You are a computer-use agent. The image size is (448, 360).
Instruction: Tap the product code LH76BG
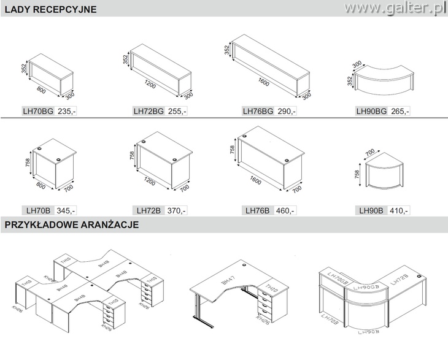(x=258, y=112)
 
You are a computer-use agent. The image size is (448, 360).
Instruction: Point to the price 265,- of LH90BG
(x=400, y=112)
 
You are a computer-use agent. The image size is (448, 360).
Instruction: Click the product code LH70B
(x=38, y=210)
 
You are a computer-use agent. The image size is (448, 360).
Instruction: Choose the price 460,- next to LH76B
(x=285, y=210)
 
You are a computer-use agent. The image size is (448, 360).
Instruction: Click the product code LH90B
(x=371, y=210)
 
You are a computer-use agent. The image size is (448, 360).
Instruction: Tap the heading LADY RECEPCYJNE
(x=50, y=9)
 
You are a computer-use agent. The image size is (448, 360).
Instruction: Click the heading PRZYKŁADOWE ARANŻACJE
(x=71, y=225)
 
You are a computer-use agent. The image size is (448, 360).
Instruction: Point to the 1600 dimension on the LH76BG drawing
(x=265, y=79)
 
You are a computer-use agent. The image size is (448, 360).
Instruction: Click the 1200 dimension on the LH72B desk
(x=150, y=182)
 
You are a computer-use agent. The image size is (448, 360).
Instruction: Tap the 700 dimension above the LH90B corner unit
(x=369, y=151)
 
